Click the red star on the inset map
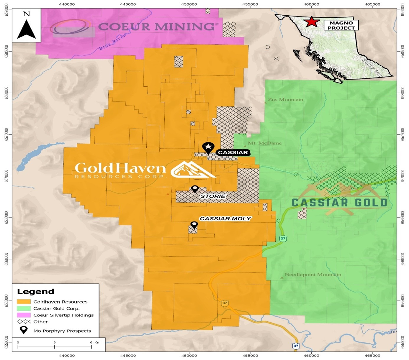point(311,22)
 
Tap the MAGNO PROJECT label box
point(341,25)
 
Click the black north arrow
point(27,29)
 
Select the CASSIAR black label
point(233,152)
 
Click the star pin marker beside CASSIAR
point(208,147)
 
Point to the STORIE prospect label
point(213,196)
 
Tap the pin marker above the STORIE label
point(195,189)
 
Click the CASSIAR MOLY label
point(225,218)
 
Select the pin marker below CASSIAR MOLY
point(194,225)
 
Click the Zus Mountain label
point(285,100)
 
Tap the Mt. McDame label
point(265,143)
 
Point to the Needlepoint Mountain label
point(313,275)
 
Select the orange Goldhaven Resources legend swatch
point(24,302)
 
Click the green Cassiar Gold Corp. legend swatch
point(24,308)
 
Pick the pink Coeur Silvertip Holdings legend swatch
point(24,315)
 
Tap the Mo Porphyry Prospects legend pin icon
point(24,330)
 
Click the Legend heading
point(36,292)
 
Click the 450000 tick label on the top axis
point(189,4)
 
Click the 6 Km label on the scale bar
point(95,342)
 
